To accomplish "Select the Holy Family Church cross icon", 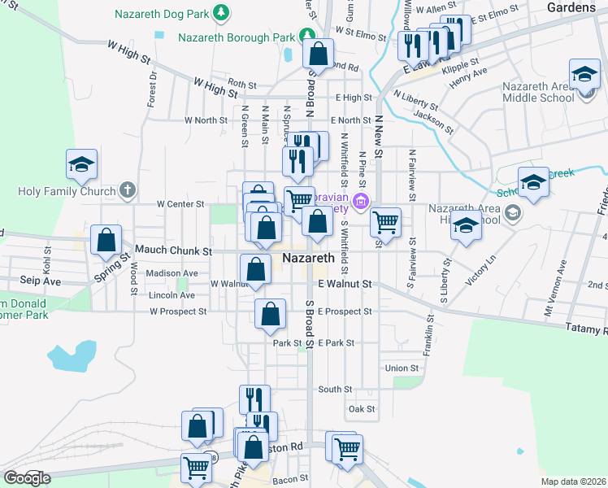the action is [x=127, y=191].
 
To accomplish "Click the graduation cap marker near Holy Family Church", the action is [x=81, y=165].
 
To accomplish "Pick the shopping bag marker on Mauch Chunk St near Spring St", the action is [x=106, y=241].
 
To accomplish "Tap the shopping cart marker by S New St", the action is [x=385, y=221].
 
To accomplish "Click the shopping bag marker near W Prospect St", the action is [x=270, y=314].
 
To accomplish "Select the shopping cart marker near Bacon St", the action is [x=197, y=468].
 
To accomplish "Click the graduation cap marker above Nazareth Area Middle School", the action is [x=584, y=76].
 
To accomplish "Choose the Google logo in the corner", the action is [x=27, y=478].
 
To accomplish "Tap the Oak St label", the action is [x=361, y=409].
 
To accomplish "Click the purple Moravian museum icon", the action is [x=360, y=201].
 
